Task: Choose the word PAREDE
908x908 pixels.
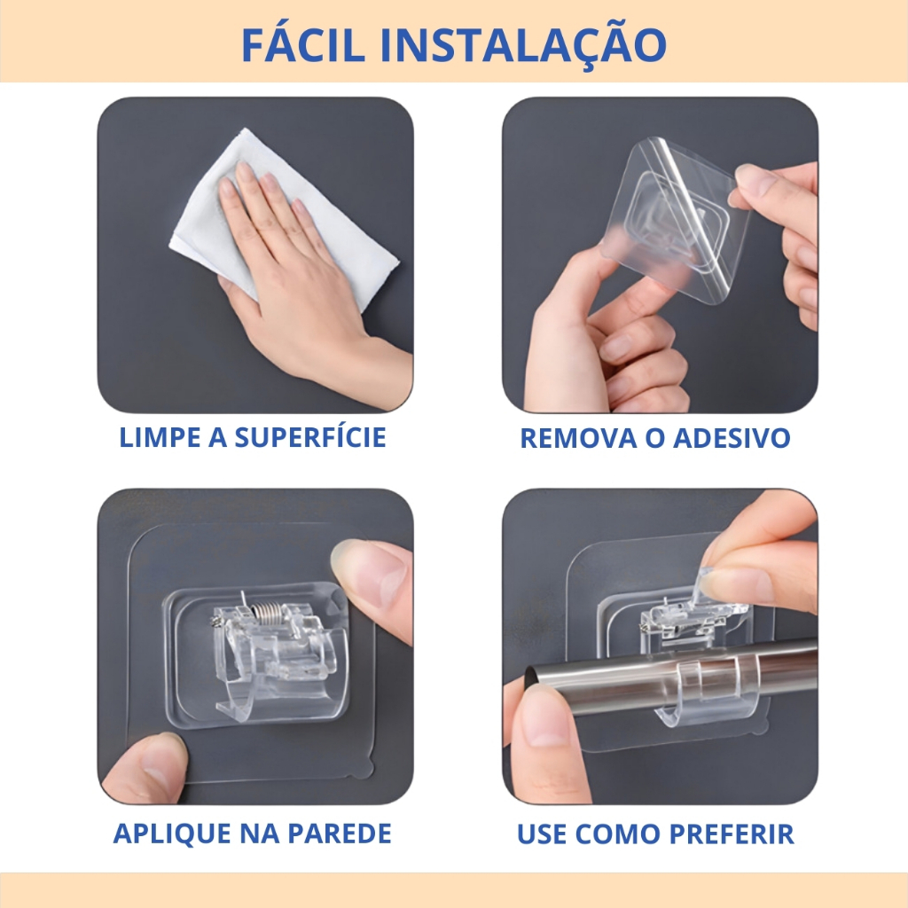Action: (x=340, y=834)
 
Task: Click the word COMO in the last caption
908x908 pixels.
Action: (x=618, y=834)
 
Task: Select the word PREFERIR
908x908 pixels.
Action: (x=732, y=834)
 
